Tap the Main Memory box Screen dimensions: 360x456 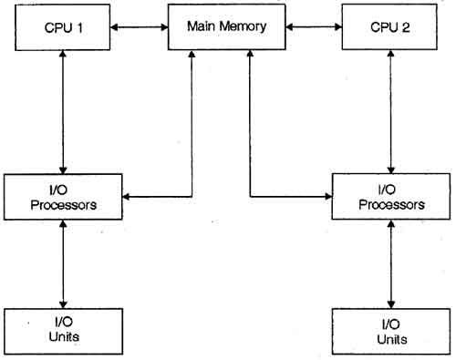tap(227, 26)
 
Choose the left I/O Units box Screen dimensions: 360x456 tap(63, 330)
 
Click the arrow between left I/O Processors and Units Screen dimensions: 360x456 tap(63, 263)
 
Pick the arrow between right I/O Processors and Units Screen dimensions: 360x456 tap(391, 264)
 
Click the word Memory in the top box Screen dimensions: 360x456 tap(246, 25)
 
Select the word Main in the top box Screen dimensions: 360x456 tap(202, 25)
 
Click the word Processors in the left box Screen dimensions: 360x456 tap(63, 204)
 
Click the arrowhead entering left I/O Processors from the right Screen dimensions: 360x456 tap(129, 196)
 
